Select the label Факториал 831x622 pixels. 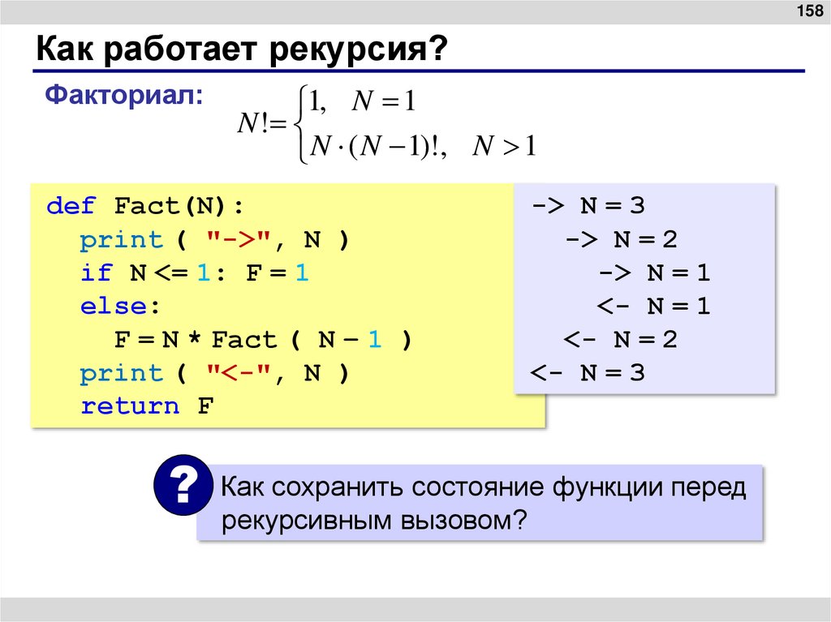[124, 95]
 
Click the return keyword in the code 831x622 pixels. [130, 406]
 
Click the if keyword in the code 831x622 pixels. [96, 273]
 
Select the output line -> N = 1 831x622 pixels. [654, 273]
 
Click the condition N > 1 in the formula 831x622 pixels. [505, 147]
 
